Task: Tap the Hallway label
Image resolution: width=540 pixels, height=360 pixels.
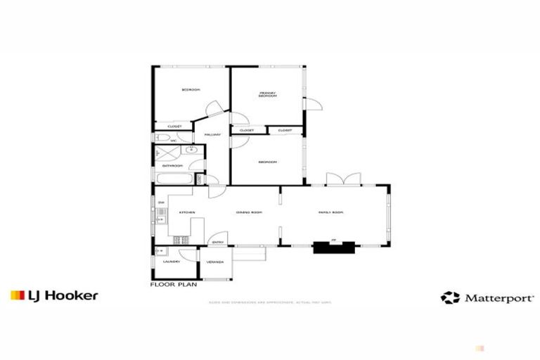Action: click(x=212, y=134)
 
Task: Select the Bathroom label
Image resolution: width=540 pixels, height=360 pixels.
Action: click(x=172, y=165)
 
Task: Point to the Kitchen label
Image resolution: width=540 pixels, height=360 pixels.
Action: click(x=186, y=212)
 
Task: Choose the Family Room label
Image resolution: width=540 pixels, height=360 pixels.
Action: click(x=330, y=212)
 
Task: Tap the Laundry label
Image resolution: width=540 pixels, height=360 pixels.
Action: click(x=171, y=262)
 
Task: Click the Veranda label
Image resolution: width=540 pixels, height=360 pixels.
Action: click(x=215, y=262)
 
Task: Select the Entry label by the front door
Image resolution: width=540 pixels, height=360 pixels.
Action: click(x=218, y=243)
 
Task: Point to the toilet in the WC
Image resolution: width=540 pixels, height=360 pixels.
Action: click(x=162, y=139)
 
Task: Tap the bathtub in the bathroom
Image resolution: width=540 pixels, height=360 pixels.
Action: click(x=174, y=180)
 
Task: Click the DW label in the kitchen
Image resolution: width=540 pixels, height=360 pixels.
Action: click(x=161, y=203)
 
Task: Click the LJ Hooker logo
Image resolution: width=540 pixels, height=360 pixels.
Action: click(x=54, y=295)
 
